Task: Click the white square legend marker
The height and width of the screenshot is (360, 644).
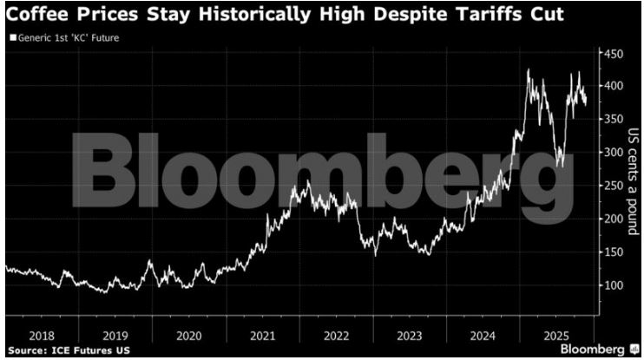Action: tap(12, 38)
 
